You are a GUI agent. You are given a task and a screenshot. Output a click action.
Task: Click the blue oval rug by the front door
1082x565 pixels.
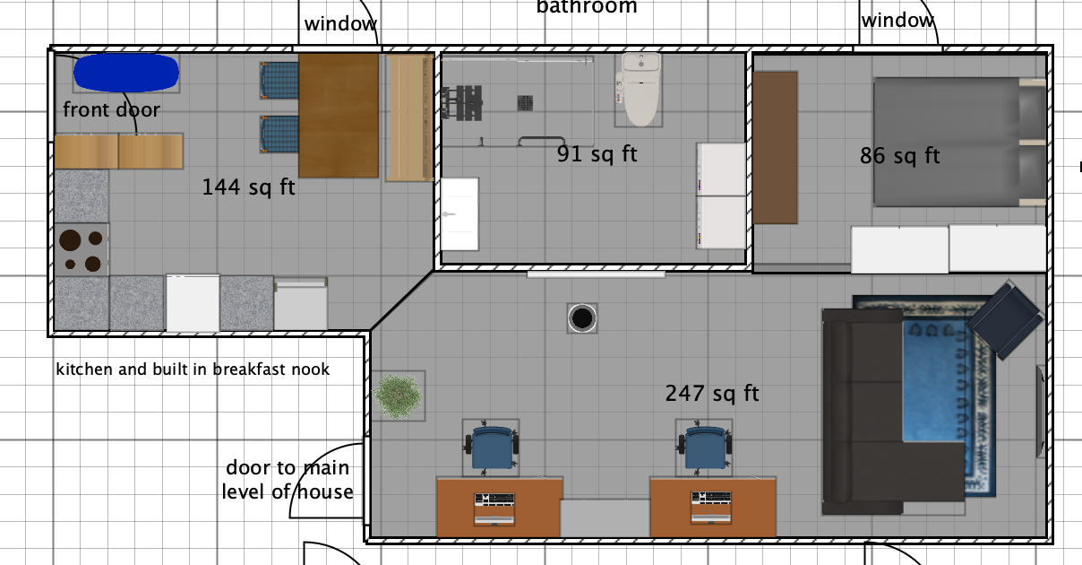pos(125,73)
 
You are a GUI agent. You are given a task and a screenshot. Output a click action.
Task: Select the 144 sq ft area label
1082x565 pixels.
pos(248,188)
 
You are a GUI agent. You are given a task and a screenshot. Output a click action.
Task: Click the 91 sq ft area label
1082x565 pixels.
pos(597,154)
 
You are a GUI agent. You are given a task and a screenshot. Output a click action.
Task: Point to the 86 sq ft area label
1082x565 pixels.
pos(899,156)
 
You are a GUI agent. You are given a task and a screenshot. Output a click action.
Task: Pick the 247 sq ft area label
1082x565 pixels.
pos(711,393)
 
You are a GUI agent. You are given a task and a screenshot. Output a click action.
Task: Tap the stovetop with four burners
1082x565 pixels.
pos(81,251)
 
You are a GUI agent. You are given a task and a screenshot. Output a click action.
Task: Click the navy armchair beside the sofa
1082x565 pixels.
pos(1005,319)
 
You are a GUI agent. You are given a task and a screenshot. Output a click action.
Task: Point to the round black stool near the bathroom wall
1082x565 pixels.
pos(582,317)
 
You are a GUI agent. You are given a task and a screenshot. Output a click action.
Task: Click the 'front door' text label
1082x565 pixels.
pos(111,110)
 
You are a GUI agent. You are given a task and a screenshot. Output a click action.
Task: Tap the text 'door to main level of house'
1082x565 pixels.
pos(288,480)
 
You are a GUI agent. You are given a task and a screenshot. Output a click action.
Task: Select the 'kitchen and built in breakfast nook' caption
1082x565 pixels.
pos(193,369)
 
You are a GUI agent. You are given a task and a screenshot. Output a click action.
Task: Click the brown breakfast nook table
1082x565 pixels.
pos(339,115)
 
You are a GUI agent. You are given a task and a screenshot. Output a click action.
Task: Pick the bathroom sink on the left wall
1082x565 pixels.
pos(459,213)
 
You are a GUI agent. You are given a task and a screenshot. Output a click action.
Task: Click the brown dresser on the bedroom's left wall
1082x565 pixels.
pos(775,148)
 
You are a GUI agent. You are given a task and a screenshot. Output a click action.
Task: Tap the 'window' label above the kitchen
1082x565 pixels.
pos(339,24)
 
